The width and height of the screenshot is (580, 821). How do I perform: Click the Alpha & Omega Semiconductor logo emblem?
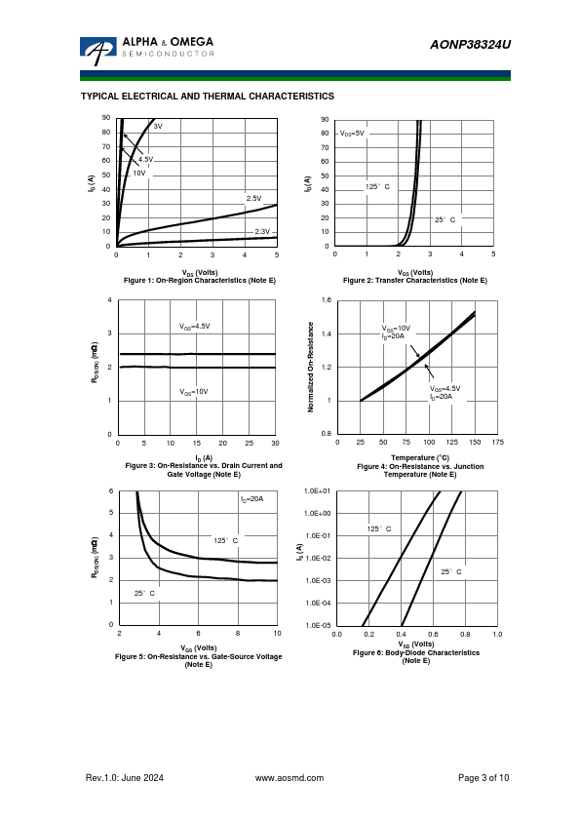click(97, 51)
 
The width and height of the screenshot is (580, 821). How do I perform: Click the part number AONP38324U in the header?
click(470, 45)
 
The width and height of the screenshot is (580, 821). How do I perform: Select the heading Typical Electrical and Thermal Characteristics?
click(208, 97)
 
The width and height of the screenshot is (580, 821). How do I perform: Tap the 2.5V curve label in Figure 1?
click(253, 199)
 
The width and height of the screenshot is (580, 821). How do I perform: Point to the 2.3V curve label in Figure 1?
click(262, 231)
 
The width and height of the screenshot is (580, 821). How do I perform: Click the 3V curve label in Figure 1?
click(158, 126)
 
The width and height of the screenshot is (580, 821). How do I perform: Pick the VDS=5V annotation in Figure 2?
click(352, 134)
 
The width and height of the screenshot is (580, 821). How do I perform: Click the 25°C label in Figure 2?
click(445, 220)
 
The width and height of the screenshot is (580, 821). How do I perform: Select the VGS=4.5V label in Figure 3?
click(195, 327)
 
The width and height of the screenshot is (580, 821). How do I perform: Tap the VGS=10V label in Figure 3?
click(194, 392)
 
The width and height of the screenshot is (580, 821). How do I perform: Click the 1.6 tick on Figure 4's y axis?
click(327, 300)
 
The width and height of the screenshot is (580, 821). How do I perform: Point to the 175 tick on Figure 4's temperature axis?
click(498, 443)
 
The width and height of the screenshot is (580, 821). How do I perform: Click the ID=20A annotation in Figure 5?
click(251, 499)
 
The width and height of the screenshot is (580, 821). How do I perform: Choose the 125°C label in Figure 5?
click(225, 540)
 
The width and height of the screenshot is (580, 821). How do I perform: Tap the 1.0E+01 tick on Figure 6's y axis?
click(317, 491)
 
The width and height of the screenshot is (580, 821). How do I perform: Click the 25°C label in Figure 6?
click(451, 571)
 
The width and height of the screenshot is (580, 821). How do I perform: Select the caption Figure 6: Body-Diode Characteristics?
click(416, 653)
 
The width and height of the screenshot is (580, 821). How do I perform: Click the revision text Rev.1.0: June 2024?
click(125, 778)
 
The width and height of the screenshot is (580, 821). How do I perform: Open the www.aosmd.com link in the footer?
click(290, 778)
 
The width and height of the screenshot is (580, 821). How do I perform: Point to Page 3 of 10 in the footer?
click(483, 778)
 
